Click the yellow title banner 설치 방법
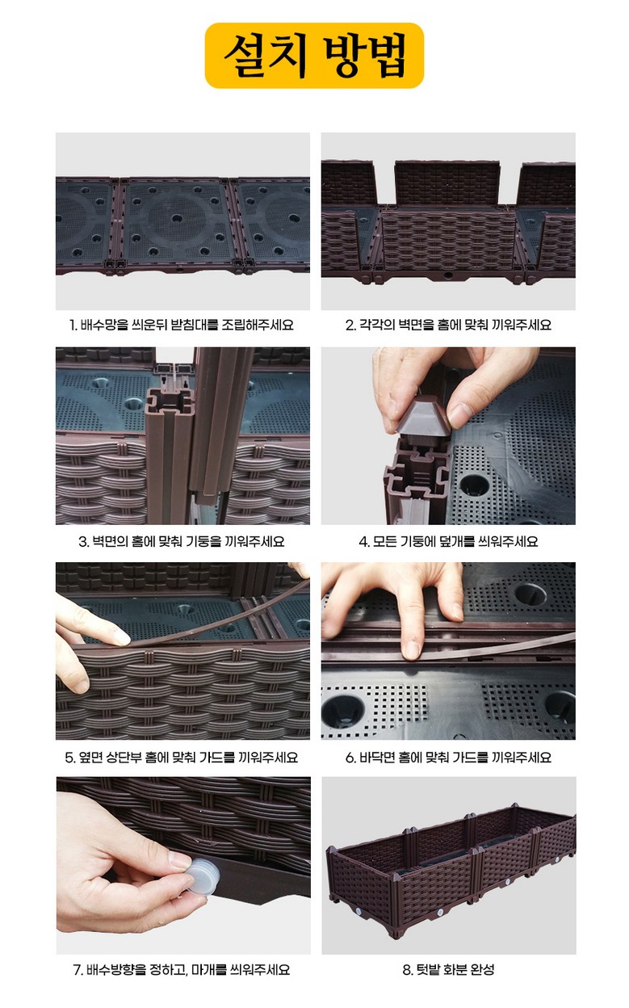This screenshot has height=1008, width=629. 314,56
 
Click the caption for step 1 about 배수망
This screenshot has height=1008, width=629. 182,325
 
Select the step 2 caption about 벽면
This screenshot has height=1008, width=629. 449,325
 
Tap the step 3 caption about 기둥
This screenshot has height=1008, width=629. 182,541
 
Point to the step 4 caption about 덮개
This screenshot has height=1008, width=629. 449,541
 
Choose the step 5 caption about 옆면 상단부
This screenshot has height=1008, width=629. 182,758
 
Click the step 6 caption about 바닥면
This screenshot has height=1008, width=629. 449,758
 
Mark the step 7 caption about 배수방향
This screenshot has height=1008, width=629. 182,969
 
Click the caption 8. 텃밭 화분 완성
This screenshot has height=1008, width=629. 449,969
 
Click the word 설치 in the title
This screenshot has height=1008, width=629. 266,56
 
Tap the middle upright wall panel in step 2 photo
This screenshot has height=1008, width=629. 447,184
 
